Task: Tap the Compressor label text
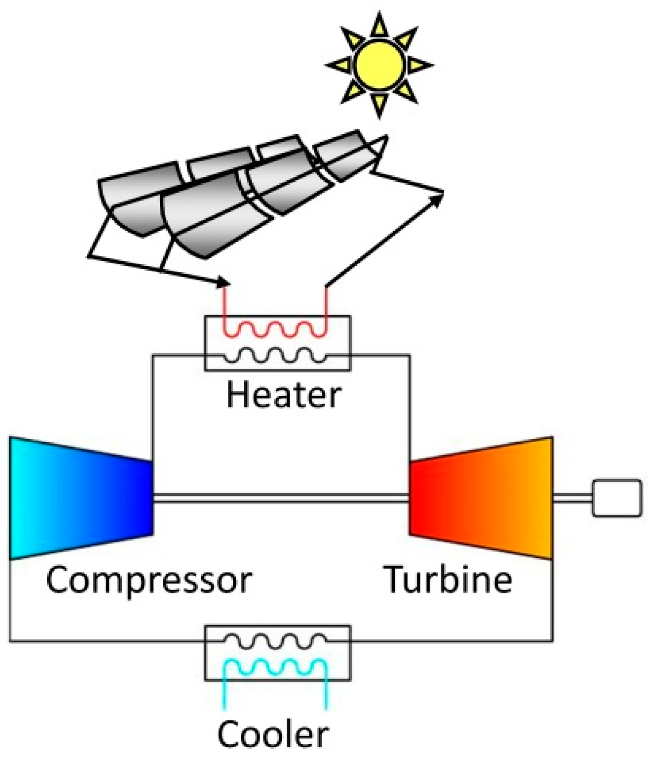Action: (x=149, y=580)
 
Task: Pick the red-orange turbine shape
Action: (x=481, y=498)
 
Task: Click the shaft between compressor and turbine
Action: (x=281, y=498)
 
